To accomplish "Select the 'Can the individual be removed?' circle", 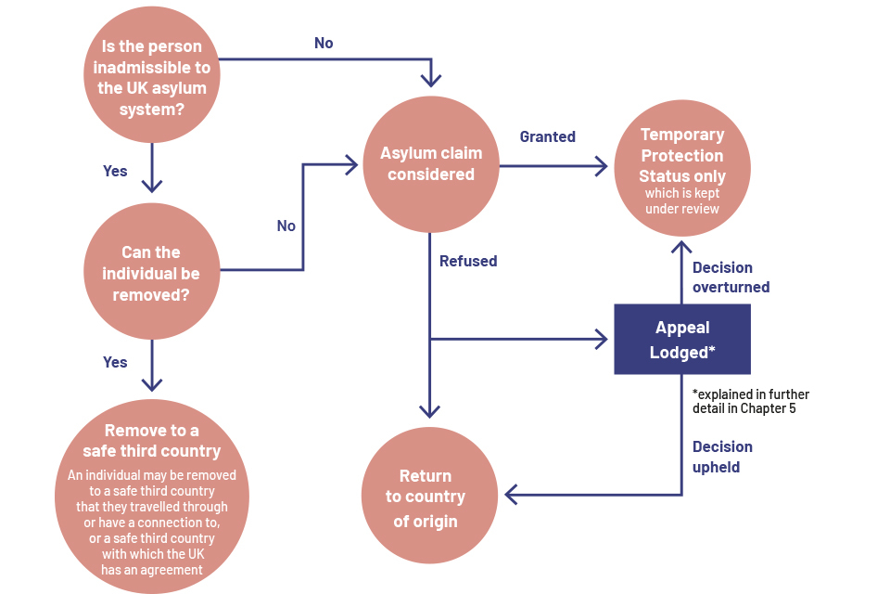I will pyautogui.click(x=152, y=271).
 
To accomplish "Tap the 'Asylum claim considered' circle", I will pyautogui.click(x=431, y=164).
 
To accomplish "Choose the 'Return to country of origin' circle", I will pyautogui.click(x=426, y=498).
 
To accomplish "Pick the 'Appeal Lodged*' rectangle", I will pyautogui.click(x=681, y=339).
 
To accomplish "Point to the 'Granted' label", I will pyautogui.click(x=547, y=136).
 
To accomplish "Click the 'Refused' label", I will pyautogui.click(x=468, y=261).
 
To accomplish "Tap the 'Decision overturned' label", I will pyautogui.click(x=731, y=278).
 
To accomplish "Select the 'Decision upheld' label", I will pyautogui.click(x=722, y=457).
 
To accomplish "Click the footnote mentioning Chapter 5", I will pyautogui.click(x=750, y=401).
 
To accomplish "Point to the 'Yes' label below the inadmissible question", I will pyautogui.click(x=115, y=171).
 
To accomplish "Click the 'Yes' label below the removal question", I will pyautogui.click(x=115, y=362).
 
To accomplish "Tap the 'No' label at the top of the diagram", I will pyautogui.click(x=324, y=43).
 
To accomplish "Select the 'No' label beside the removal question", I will pyautogui.click(x=286, y=226).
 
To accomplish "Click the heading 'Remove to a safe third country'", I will pyautogui.click(x=152, y=441).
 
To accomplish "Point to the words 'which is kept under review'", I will pyautogui.click(x=682, y=200).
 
